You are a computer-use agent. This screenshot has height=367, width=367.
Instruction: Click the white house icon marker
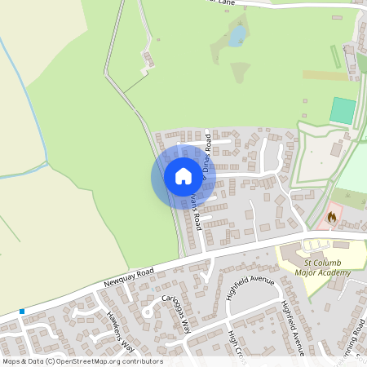(183, 175)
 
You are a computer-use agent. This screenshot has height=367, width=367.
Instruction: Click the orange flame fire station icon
(331, 217)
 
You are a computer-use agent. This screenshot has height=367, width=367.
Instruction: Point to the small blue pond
(237, 35)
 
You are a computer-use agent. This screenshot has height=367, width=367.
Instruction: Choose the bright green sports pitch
(343, 111)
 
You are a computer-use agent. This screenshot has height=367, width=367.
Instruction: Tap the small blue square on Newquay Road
(22, 312)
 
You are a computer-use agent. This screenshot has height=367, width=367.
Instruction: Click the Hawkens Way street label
(119, 329)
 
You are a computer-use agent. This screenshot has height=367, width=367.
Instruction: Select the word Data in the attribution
(35, 361)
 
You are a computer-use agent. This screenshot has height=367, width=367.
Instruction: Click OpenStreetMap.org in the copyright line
(98, 361)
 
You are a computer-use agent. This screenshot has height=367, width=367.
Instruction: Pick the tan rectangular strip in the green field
(325, 75)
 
